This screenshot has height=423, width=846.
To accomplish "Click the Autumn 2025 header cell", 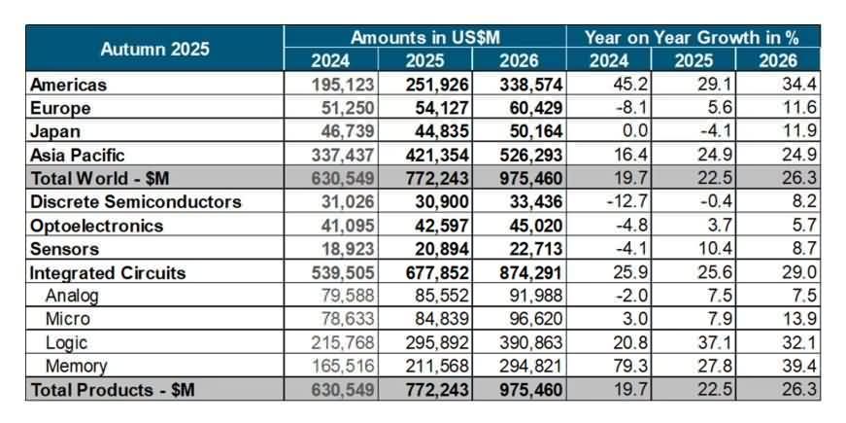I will click(155, 49).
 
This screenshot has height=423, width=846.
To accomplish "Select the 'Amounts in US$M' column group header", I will click(424, 37).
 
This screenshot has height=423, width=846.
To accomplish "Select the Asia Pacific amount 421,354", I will click(437, 155).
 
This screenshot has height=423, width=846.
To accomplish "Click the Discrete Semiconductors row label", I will click(135, 202).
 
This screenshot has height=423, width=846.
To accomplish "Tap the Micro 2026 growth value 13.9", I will click(792, 320).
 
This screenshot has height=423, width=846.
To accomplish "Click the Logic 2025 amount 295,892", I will click(437, 343).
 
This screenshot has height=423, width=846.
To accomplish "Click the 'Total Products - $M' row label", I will click(113, 390).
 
